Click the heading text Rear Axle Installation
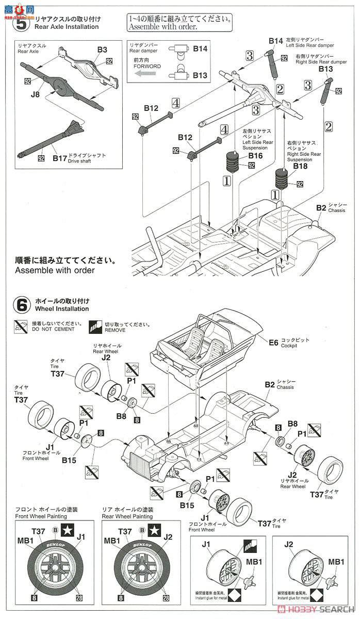[67, 27]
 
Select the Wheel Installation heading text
[62, 309]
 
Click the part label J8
[35, 94]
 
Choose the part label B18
[300, 166]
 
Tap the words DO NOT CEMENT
[49, 329]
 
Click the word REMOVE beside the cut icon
[115, 329]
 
